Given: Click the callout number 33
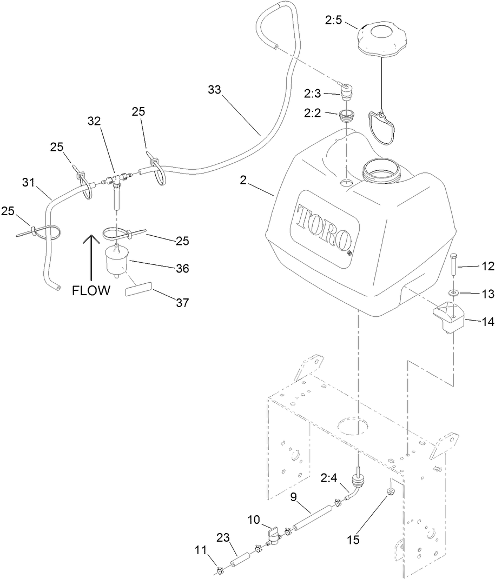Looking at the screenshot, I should pos(215,90).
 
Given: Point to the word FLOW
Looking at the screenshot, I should pos(91,291).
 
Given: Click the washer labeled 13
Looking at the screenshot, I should pos(453,293).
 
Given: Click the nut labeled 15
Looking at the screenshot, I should pos(389,492).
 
